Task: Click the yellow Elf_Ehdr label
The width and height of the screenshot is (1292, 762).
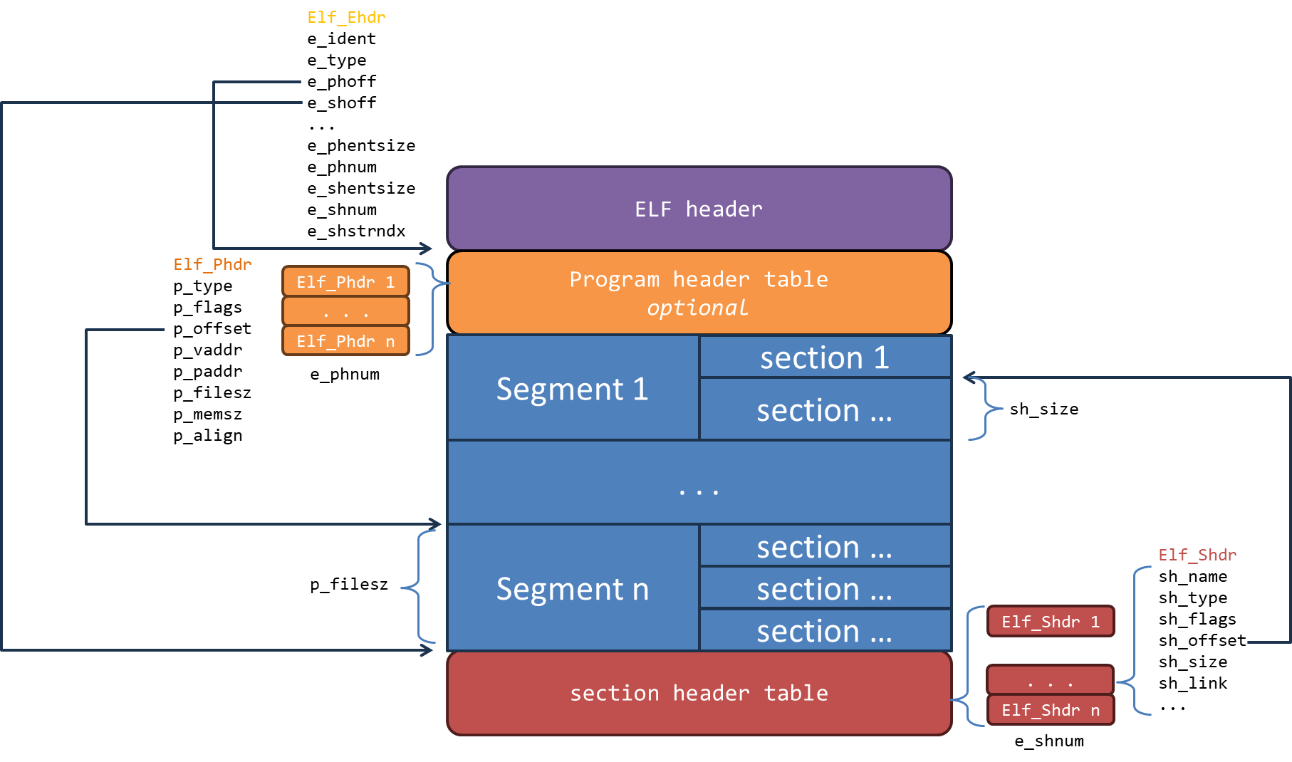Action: point(346,17)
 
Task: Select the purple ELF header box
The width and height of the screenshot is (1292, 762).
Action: point(699,209)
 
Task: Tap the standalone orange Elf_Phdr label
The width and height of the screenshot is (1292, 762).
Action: point(212,264)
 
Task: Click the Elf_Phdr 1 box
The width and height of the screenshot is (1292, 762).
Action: point(345,281)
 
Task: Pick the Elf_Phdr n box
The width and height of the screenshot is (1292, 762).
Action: point(345,340)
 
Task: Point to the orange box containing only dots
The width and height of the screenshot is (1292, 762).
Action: point(345,311)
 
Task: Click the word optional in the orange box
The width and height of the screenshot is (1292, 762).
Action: point(697,308)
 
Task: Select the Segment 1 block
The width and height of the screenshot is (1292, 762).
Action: point(573,388)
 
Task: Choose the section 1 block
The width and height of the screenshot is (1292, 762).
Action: point(825,357)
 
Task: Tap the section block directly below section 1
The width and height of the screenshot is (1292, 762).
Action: point(825,409)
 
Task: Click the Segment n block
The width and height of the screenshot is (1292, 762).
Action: point(573,588)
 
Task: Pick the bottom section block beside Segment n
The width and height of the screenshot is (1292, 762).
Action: point(825,630)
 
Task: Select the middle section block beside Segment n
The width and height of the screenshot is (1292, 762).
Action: point(825,588)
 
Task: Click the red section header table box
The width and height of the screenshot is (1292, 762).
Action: point(699,693)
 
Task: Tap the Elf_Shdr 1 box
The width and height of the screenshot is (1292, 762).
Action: point(1051,622)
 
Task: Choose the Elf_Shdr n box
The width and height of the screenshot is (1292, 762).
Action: point(1051,710)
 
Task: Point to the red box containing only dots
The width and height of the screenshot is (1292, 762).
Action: point(1050,680)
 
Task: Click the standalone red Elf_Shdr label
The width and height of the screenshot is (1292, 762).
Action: point(1197,555)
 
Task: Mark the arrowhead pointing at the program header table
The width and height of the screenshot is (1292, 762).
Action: point(427,249)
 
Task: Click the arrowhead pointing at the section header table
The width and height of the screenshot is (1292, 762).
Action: point(427,650)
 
